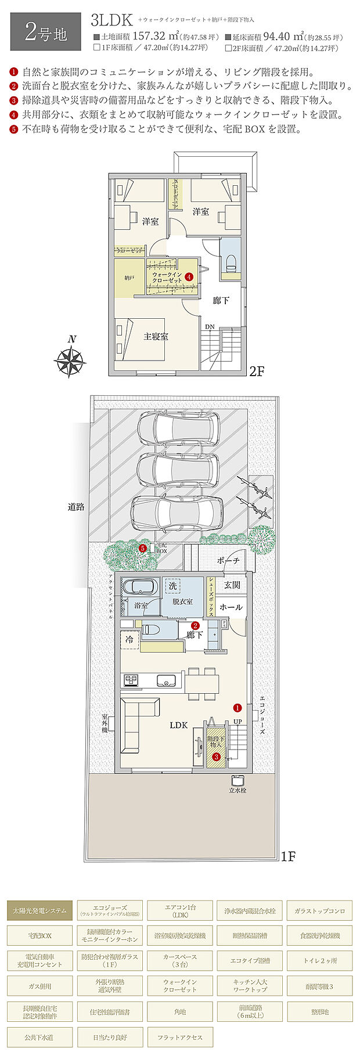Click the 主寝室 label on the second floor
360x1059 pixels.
156,336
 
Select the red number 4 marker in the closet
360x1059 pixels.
190,278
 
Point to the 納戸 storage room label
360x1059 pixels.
129,278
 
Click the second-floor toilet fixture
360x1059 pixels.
230,262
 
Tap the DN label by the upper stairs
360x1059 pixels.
209,327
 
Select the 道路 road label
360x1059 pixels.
76,507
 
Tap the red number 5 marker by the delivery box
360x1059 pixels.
143,547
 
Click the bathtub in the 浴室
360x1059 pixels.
139,587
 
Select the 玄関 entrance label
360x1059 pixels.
232,585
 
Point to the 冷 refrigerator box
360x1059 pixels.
129,639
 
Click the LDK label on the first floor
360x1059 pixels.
178,725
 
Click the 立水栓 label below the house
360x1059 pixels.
237,790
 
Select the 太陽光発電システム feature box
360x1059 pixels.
40,911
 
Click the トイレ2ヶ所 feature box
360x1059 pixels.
319,961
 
